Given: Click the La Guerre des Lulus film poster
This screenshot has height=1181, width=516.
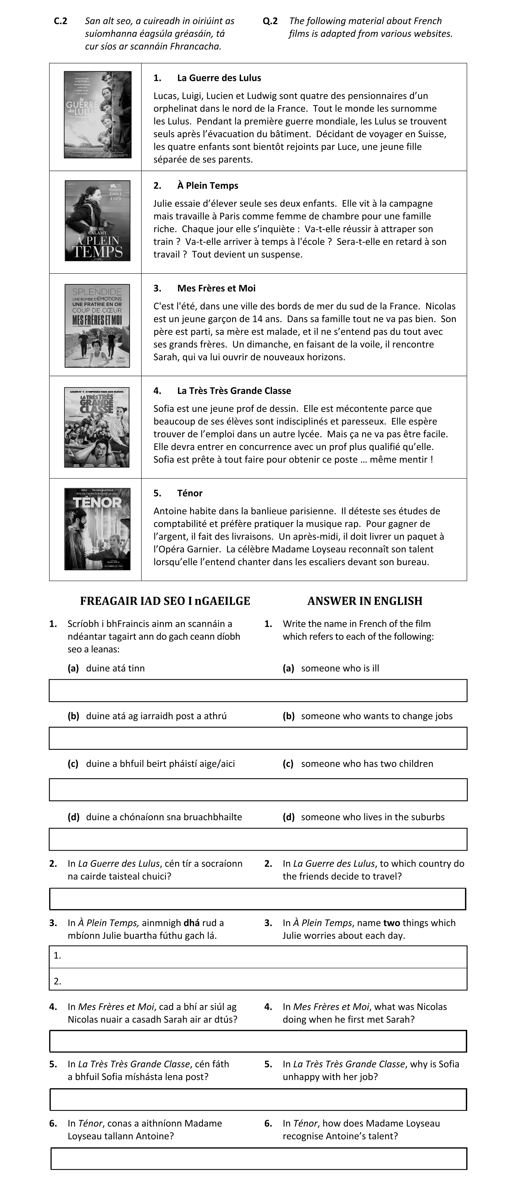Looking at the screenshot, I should pyautogui.click(x=98, y=115).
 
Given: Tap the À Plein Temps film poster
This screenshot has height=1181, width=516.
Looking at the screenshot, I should pyautogui.click(x=98, y=220).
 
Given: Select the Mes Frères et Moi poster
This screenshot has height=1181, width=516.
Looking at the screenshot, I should pyautogui.click(x=97, y=325).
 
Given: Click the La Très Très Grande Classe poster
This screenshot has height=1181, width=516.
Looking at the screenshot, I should pyautogui.click(x=97, y=427).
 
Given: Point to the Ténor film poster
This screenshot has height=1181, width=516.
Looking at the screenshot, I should pyautogui.click(x=97, y=529).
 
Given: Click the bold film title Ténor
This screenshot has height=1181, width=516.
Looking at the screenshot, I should pyautogui.click(x=190, y=493).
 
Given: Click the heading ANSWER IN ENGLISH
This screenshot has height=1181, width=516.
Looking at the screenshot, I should pyautogui.click(x=365, y=601).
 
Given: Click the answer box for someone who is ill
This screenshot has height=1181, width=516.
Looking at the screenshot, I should pyautogui.click(x=258, y=690).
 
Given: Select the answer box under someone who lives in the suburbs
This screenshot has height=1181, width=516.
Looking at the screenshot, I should pyautogui.click(x=258, y=839).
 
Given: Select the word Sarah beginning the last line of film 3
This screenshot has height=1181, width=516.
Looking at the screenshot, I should pyautogui.click(x=165, y=357).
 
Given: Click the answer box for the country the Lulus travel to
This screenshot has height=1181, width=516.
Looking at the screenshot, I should pyautogui.click(x=258, y=899).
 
